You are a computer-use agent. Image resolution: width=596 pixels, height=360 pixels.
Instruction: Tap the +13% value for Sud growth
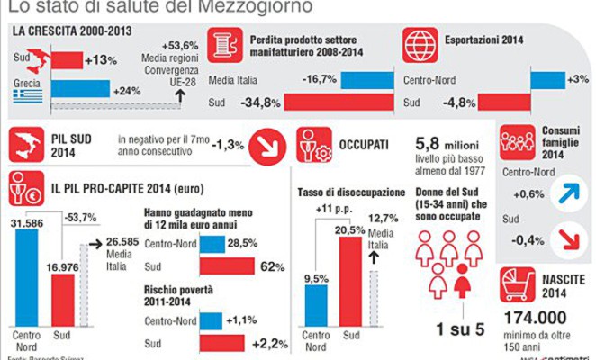click(x=99, y=62)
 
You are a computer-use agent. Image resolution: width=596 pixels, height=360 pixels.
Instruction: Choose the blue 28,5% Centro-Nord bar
click(x=212, y=244)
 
